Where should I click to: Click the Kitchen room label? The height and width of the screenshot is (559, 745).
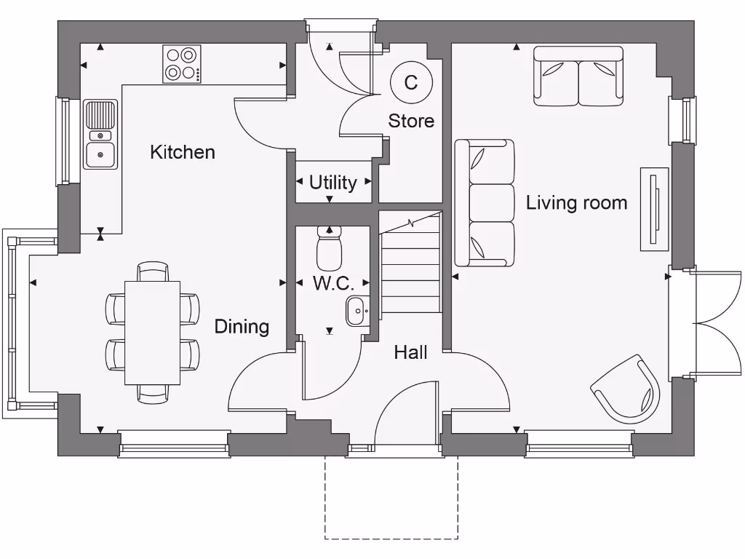click(183, 152)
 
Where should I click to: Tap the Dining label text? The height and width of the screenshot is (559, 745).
click(242, 327)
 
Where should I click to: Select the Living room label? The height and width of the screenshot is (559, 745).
click(576, 202)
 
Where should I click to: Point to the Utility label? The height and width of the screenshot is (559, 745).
click(333, 182)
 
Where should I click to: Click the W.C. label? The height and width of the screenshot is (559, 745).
click(333, 283)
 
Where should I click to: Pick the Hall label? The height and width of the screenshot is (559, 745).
click(410, 352)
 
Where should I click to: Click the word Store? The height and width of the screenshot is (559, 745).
click(411, 121)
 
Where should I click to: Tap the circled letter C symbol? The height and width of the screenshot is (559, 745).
click(411, 82)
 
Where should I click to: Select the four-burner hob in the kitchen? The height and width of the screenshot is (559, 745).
click(182, 64)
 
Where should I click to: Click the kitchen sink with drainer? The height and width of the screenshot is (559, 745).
click(100, 135)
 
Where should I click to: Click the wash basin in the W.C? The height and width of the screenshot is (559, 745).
click(357, 311)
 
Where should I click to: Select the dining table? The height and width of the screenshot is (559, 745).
click(153, 333)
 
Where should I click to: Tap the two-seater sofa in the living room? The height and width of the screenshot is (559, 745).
click(578, 76)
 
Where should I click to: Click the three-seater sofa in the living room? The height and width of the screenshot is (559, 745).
click(485, 203)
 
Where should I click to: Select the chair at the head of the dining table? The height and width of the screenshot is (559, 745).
click(153, 271)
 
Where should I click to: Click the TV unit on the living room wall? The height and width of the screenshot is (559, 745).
click(654, 209)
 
